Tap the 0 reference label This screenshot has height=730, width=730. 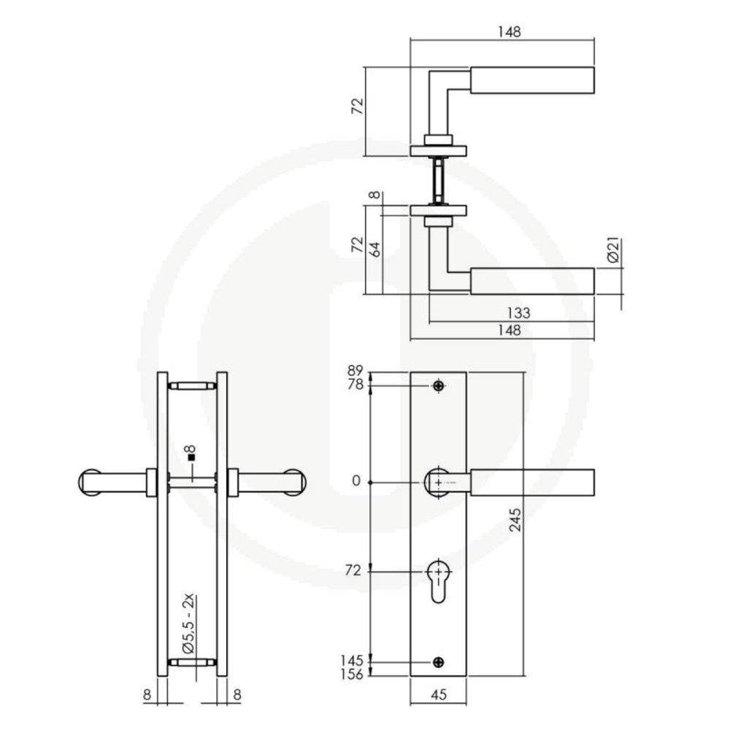pyautogui.click(x=356, y=482)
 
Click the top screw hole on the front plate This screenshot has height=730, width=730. pyautogui.click(x=438, y=385)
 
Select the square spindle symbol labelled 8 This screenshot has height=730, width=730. pyautogui.click(x=191, y=457)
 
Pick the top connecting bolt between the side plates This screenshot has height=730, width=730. pyautogui.click(x=193, y=385)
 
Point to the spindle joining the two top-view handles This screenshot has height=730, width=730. pyautogui.click(x=438, y=180)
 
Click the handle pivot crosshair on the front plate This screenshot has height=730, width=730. pyautogui.click(x=438, y=483)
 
